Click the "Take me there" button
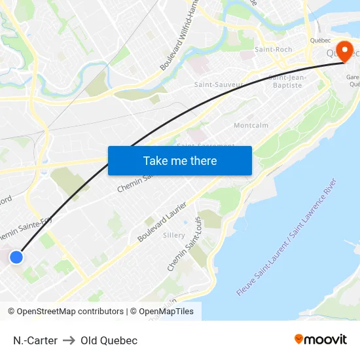[x=180, y=160]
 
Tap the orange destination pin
[x=342, y=51]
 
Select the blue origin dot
[x=16, y=257]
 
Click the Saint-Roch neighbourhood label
[x=273, y=49]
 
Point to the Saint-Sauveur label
[x=219, y=84]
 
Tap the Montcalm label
[x=251, y=125]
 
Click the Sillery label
[x=174, y=234]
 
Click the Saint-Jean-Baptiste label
[x=285, y=81]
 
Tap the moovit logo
[x=320, y=340]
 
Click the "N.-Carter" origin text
[x=35, y=340]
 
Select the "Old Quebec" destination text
[x=109, y=340]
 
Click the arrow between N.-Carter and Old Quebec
[x=69, y=340]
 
